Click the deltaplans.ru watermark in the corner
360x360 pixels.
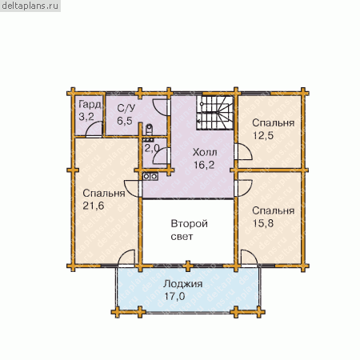pyautogui.click(x=30, y=6)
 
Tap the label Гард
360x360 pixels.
pyautogui.click(x=90, y=105)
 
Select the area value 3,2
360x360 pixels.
pyautogui.click(x=86, y=117)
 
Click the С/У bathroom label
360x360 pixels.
pyautogui.click(x=126, y=108)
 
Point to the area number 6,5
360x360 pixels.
pyautogui.click(x=125, y=121)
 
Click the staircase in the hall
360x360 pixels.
pyautogui.click(x=215, y=113)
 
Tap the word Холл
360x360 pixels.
pyautogui.click(x=205, y=153)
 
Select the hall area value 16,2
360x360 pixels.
pyautogui.click(x=204, y=165)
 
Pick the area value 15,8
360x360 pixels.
pyautogui.click(x=263, y=223)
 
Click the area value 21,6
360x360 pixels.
pyautogui.click(x=94, y=206)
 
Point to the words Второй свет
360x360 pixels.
pyautogui.click(x=189, y=230)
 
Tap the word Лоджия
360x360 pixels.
pyautogui.click(x=183, y=284)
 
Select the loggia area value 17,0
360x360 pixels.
pyautogui.click(x=174, y=296)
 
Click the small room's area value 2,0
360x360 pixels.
pyautogui.click(x=152, y=148)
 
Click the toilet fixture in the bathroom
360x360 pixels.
pyautogui.click(x=149, y=130)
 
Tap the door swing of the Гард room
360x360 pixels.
pyautogui.click(x=94, y=129)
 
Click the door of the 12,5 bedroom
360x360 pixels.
pyautogui.click(x=244, y=152)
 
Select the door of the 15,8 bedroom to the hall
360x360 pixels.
pyautogui.click(x=244, y=188)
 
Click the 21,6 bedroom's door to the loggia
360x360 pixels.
pyautogui.click(x=126, y=258)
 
